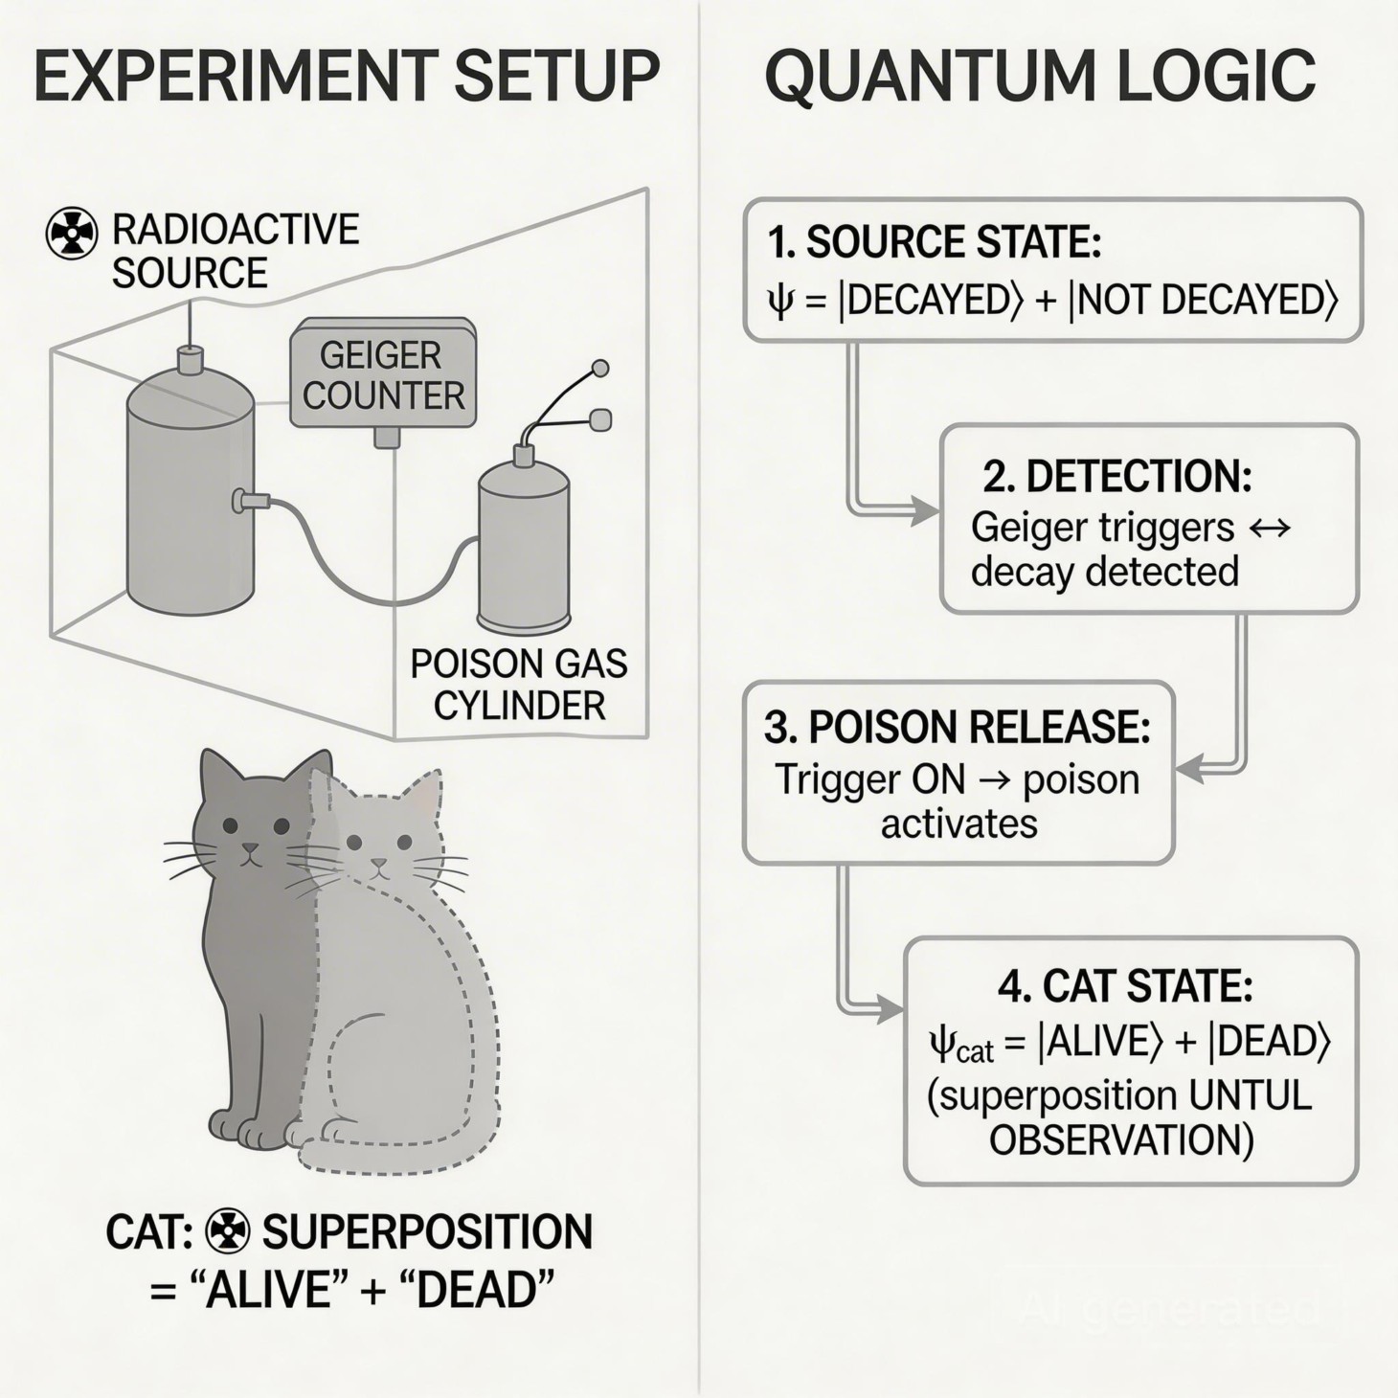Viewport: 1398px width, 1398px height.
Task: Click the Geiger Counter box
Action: click(x=383, y=375)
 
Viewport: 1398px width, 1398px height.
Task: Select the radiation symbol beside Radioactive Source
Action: click(x=72, y=233)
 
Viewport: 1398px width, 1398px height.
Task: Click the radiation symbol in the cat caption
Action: click(x=228, y=1231)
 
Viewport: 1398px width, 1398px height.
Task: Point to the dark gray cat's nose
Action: click(x=250, y=848)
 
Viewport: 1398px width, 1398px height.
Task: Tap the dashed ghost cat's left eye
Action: click(x=354, y=843)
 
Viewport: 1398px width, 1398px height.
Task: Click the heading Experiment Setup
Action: click(x=347, y=77)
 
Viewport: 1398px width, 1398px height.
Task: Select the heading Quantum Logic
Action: click(x=1040, y=77)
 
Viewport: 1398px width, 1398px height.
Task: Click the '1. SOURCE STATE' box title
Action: click(x=934, y=242)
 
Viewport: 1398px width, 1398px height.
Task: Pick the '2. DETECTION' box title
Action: click(x=1117, y=476)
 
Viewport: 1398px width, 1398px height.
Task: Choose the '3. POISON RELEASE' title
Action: click(x=958, y=728)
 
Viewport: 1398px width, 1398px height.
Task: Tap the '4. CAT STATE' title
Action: click(x=1125, y=986)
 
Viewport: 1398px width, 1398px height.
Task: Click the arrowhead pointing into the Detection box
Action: click(x=925, y=511)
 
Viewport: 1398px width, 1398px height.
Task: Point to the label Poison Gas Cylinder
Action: click(x=519, y=685)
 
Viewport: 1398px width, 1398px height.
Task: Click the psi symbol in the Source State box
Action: click(x=780, y=302)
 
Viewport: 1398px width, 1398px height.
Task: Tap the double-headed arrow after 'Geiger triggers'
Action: click(x=1271, y=528)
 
